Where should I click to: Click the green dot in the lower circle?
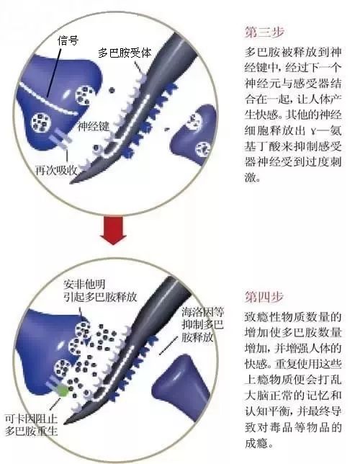(64, 391)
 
